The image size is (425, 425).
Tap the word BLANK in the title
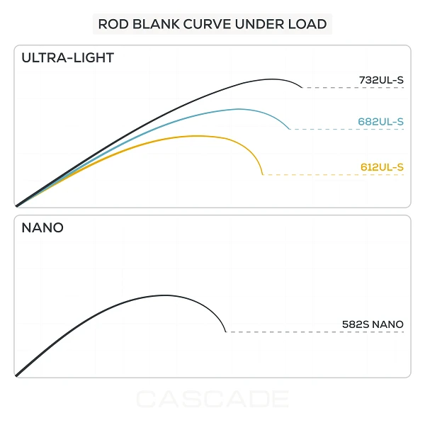pyautogui.click(x=156, y=24)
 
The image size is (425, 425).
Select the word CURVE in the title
pyautogui.click(x=208, y=24)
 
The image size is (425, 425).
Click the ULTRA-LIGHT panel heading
pyautogui.click(x=68, y=58)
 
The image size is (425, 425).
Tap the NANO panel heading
pyautogui.click(x=42, y=227)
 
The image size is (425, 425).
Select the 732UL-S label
pyautogui.click(x=381, y=80)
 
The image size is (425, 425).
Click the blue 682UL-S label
pyautogui.click(x=381, y=122)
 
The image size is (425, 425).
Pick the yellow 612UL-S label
pyautogui.click(x=382, y=167)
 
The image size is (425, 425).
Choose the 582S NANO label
pyautogui.click(x=373, y=324)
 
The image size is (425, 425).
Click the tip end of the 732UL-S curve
pyautogui.click(x=302, y=88)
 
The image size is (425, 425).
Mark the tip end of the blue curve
pyautogui.click(x=290, y=129)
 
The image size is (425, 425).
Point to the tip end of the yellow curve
pyautogui.click(x=263, y=174)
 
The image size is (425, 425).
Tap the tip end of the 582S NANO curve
pyautogui.click(x=226, y=331)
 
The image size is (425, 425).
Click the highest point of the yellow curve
pyautogui.click(x=198, y=136)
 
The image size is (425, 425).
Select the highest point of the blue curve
pyautogui.click(x=239, y=109)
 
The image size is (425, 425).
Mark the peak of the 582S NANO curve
pyautogui.click(x=165, y=295)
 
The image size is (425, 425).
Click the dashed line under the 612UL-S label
pyautogui.click(x=334, y=174)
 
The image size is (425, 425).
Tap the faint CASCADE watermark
pyautogui.click(x=212, y=399)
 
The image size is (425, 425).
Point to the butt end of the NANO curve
pyautogui.click(x=16, y=376)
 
